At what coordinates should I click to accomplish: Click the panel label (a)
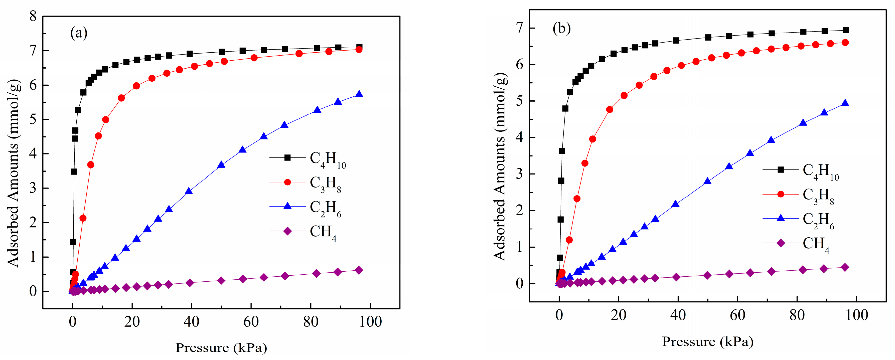(x=79, y=33)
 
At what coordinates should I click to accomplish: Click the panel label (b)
(x=561, y=28)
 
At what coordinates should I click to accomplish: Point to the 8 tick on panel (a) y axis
(x=33, y=16)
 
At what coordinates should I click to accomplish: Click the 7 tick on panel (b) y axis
(x=520, y=28)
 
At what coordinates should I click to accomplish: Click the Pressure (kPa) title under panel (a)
(x=221, y=348)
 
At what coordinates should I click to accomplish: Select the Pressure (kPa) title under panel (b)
(x=708, y=341)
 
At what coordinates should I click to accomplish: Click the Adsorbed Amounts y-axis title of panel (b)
(x=500, y=167)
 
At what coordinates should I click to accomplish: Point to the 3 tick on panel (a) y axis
(x=33, y=188)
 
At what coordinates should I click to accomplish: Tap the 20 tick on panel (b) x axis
(x=619, y=315)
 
